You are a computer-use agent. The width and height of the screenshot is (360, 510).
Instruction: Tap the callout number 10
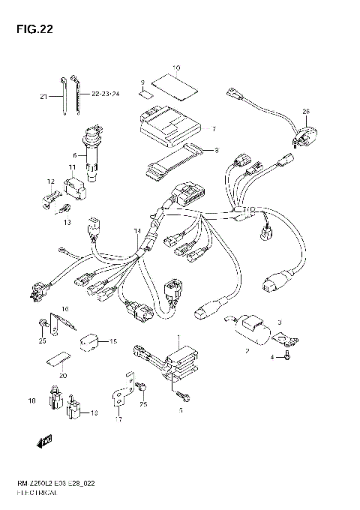(x=176, y=67)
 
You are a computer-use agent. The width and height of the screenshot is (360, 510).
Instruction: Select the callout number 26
(x=305, y=112)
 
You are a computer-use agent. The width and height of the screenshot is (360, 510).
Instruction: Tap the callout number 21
(x=43, y=96)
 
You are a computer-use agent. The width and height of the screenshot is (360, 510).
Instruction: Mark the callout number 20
(x=63, y=376)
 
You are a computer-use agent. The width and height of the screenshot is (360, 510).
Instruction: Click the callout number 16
(x=65, y=308)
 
